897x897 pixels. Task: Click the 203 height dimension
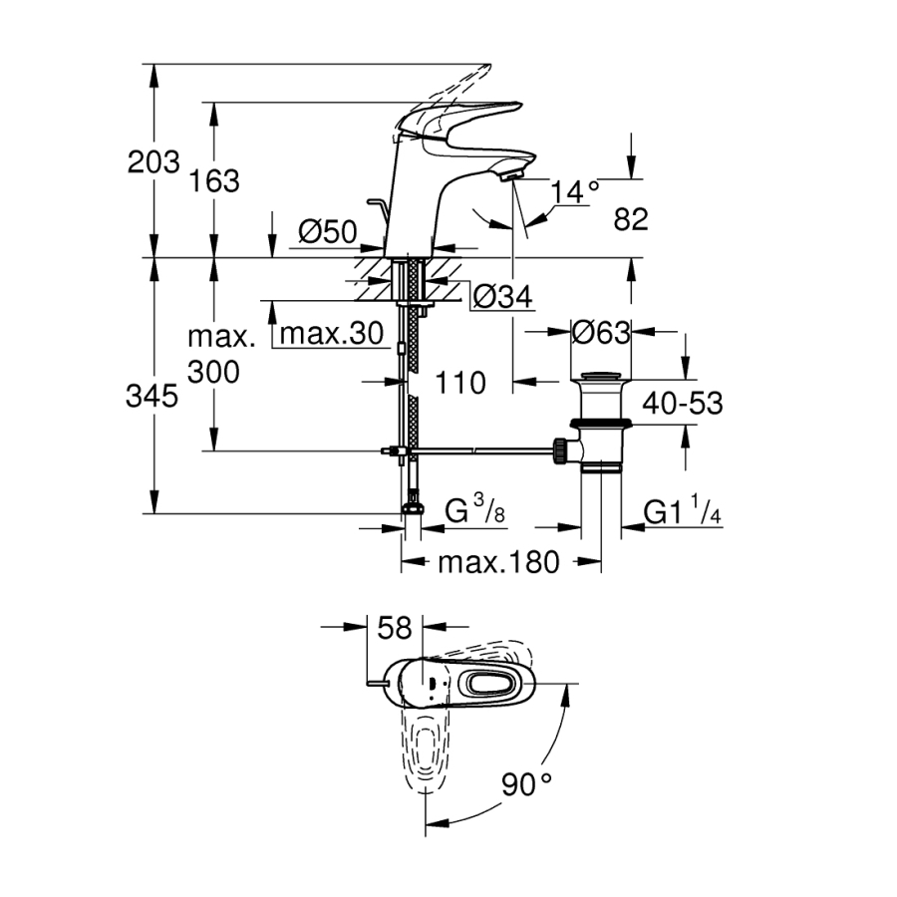coord(153,162)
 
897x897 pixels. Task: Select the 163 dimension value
coord(213,181)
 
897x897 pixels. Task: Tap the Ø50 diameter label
coord(327,233)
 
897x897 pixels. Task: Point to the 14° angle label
coord(577,189)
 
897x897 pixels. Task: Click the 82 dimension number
coord(631,218)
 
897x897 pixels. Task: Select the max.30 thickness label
coord(331,335)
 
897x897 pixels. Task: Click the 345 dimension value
coord(153,397)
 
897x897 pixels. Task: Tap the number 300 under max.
coord(213,373)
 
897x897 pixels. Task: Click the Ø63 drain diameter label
coord(602,332)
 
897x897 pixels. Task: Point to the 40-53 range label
coord(682,403)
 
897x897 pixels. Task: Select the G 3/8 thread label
coord(474,513)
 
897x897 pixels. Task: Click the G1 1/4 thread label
coord(682,513)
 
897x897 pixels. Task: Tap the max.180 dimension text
coord(498,563)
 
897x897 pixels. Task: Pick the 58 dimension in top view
coord(395,628)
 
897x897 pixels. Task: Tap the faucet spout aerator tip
coord(511,176)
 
